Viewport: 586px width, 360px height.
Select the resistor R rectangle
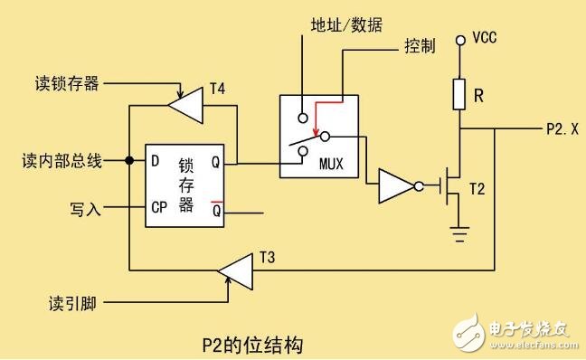[459, 91]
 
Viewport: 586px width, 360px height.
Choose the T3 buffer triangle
[236, 269]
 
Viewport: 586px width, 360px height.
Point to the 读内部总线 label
[61, 161]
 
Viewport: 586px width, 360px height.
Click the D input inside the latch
[156, 161]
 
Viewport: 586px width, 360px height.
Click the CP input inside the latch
[159, 207]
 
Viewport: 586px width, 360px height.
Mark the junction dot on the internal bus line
[130, 161]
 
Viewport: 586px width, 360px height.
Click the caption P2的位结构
[255, 344]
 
